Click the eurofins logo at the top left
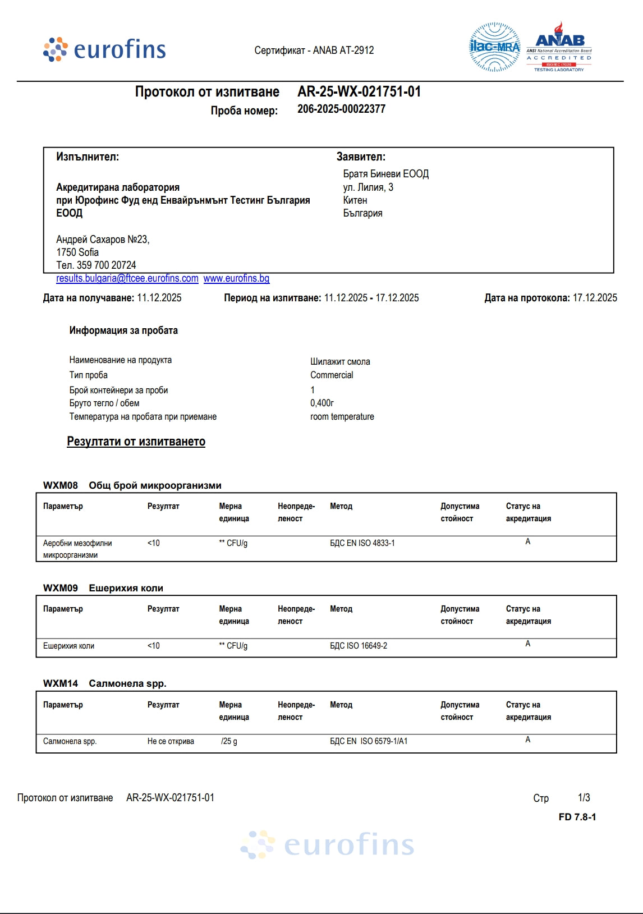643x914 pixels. (105, 50)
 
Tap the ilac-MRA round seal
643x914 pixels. (494, 47)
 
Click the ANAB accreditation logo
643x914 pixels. (559, 48)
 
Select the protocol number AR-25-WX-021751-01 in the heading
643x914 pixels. (359, 91)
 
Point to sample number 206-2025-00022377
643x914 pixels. (341, 109)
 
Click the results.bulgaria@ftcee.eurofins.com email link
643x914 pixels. (127, 278)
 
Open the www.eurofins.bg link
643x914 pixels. (236, 278)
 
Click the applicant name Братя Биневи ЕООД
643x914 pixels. (386, 174)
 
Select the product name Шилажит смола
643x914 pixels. (340, 361)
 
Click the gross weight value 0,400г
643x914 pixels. (322, 403)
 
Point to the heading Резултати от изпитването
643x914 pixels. (136, 442)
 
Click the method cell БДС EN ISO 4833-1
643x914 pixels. (362, 543)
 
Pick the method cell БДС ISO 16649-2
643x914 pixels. (359, 646)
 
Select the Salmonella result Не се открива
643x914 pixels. (171, 741)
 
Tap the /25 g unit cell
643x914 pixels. (229, 741)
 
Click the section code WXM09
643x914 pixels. (61, 588)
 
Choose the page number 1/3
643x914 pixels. (584, 797)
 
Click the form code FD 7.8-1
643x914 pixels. (577, 817)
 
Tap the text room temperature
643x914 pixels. (342, 416)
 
